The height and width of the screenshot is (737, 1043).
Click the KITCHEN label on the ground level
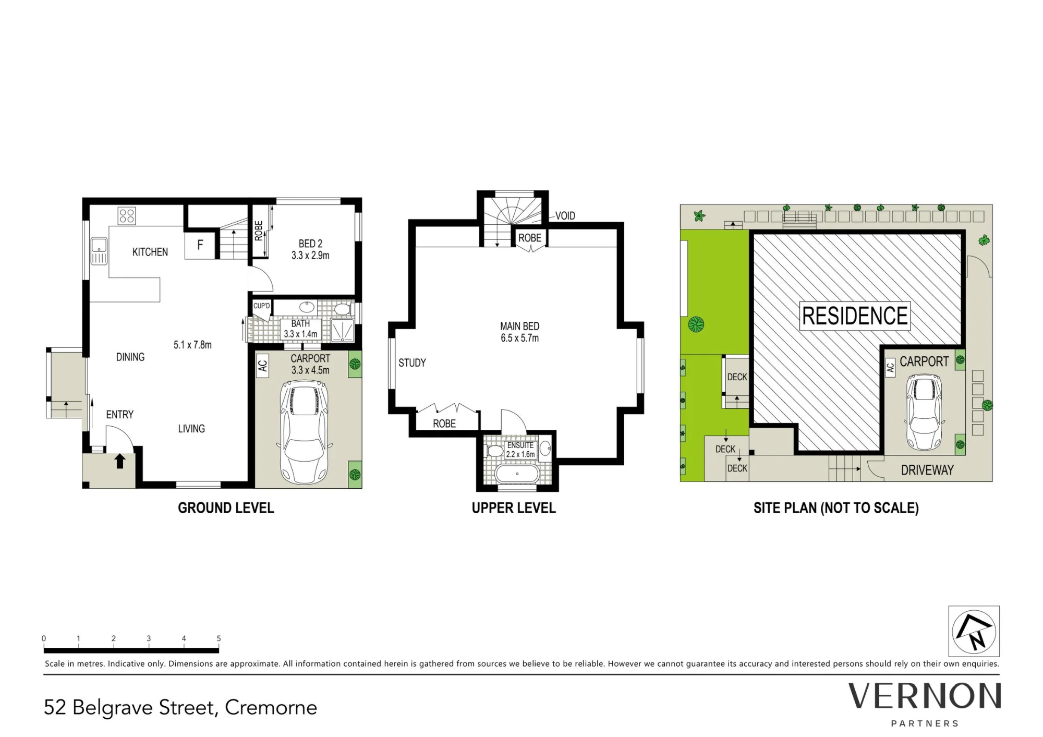tap(150, 252)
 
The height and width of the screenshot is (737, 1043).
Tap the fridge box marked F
tap(200, 245)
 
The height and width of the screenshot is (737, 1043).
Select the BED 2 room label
tap(310, 244)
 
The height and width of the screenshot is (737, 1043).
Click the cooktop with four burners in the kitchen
tap(127, 215)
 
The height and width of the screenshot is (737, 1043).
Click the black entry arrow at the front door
tap(120, 461)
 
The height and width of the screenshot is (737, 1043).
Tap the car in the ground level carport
tap(304, 432)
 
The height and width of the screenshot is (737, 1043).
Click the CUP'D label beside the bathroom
tap(261, 306)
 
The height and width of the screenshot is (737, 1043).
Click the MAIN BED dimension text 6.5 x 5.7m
tap(519, 338)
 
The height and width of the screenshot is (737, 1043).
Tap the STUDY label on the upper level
tap(412, 363)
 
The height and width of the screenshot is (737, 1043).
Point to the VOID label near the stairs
tap(565, 215)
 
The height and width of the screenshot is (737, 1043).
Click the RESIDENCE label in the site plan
tap(855, 316)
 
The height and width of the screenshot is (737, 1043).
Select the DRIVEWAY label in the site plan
tap(927, 470)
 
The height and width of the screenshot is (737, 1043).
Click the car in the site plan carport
tap(924, 412)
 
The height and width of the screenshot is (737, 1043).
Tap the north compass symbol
tap(974, 631)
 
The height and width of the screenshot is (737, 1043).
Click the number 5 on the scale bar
tap(219, 638)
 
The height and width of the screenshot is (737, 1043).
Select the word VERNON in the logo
tap(925, 696)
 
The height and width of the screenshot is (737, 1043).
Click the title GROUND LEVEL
tap(226, 508)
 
